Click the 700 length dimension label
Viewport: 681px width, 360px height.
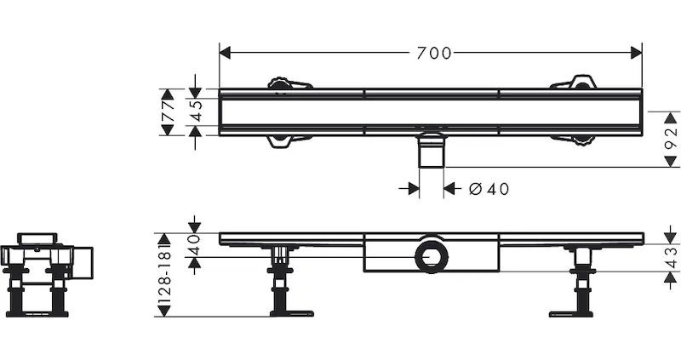pos(434,53)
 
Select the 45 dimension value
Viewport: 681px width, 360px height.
pos(197,111)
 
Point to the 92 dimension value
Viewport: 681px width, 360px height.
pos(672,138)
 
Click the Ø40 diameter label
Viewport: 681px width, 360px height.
pos(489,189)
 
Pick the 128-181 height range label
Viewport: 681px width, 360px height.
pos(164,274)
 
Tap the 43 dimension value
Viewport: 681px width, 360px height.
pos(672,257)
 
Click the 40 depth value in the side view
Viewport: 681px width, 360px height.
pos(195,244)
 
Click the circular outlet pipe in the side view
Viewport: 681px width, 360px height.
pos(431,256)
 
